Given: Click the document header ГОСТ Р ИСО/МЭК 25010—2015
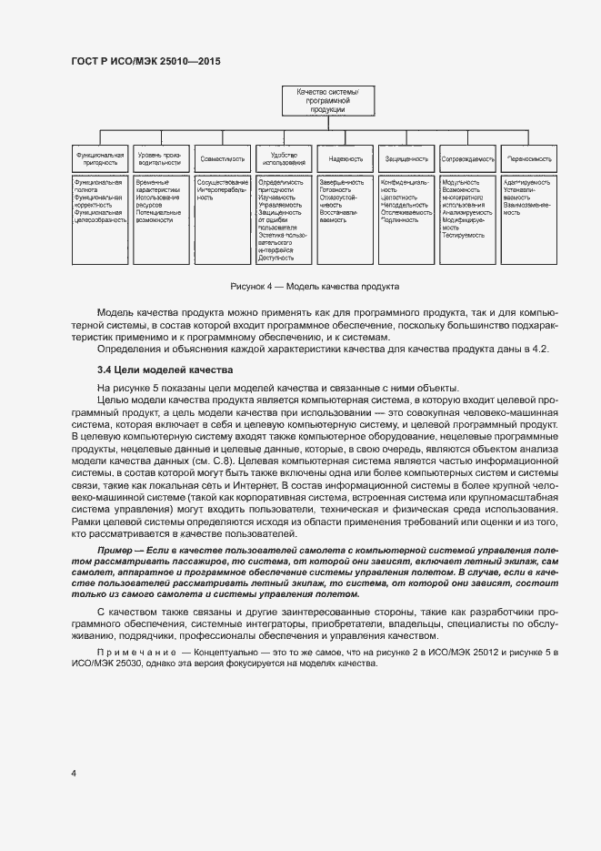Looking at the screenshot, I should tap(145, 61).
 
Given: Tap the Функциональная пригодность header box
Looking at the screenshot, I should tap(100, 158).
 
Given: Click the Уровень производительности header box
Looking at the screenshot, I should tap(161, 158).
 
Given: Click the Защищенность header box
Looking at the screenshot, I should tap(406, 158).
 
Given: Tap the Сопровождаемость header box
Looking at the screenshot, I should tap(467, 158).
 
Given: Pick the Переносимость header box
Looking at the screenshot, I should tap(529, 158).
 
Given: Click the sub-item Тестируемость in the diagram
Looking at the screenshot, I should tap(461, 235).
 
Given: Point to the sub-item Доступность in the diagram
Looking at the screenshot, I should tap(276, 258).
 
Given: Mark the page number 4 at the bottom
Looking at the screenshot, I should tap(73, 773).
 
